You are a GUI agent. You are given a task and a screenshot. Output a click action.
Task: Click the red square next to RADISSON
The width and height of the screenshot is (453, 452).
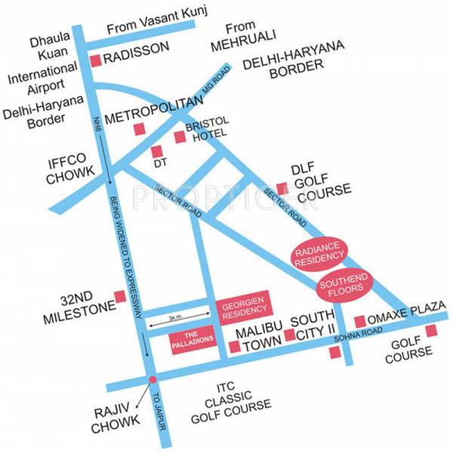pos(95,60)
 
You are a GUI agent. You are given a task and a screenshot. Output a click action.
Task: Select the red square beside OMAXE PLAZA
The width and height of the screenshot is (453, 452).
pos(360,320)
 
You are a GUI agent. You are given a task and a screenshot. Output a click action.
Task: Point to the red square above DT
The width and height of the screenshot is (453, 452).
pos(158,150)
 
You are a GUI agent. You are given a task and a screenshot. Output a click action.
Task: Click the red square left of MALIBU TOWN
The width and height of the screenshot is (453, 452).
pos(234,347)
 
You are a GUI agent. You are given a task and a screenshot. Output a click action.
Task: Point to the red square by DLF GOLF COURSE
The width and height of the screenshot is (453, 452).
pos(281,187)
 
